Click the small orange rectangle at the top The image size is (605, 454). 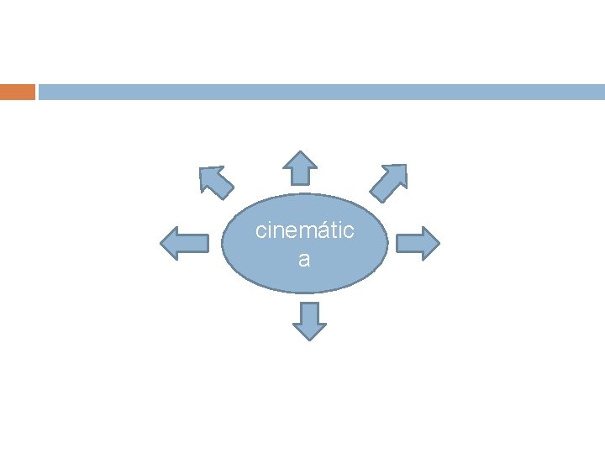click(x=18, y=92)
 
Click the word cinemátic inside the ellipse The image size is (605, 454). click(x=305, y=230)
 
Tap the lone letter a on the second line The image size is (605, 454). click(x=304, y=260)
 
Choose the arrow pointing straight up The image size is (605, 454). click(x=298, y=168)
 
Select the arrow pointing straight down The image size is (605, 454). click(x=310, y=320)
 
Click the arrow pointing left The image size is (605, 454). click(x=184, y=243)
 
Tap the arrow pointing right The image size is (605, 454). click(x=418, y=243)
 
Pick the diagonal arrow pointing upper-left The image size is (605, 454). click(x=216, y=181)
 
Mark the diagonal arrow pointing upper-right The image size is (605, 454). click(x=389, y=182)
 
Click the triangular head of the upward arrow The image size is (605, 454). click(x=298, y=160)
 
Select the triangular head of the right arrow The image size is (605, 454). click(x=430, y=243)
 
